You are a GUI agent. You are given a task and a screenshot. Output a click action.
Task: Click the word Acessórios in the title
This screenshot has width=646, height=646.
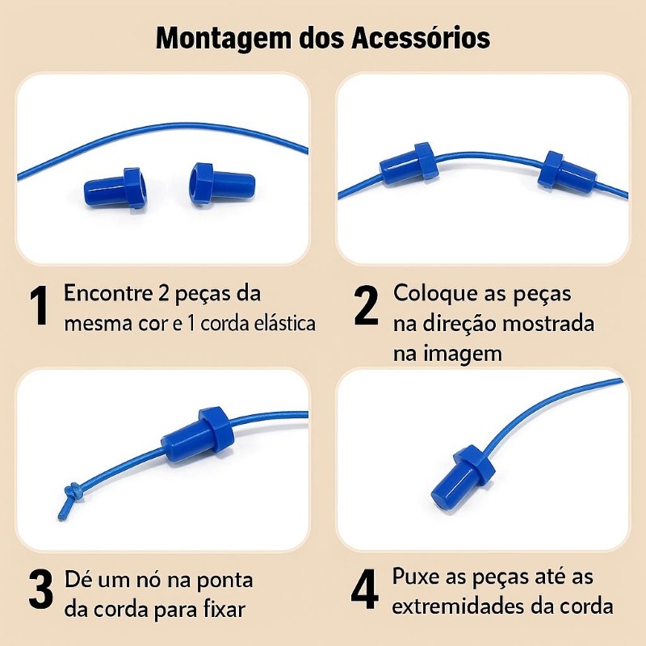coord(421,37)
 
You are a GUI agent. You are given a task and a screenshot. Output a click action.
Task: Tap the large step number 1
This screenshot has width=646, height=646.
coord(39,305)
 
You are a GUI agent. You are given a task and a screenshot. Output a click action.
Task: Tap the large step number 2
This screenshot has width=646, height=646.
coord(366,305)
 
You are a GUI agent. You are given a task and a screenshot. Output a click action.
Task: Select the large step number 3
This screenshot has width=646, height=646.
coord(41,589)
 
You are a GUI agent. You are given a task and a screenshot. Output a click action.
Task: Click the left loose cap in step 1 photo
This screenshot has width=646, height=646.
coord(115,190)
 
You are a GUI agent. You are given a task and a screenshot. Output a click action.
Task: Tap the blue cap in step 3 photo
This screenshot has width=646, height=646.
coord(198,434)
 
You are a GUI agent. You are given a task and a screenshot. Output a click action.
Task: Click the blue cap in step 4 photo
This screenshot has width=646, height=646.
coord(462,477)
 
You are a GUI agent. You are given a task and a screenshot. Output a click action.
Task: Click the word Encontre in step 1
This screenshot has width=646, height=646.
coord(108,293)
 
